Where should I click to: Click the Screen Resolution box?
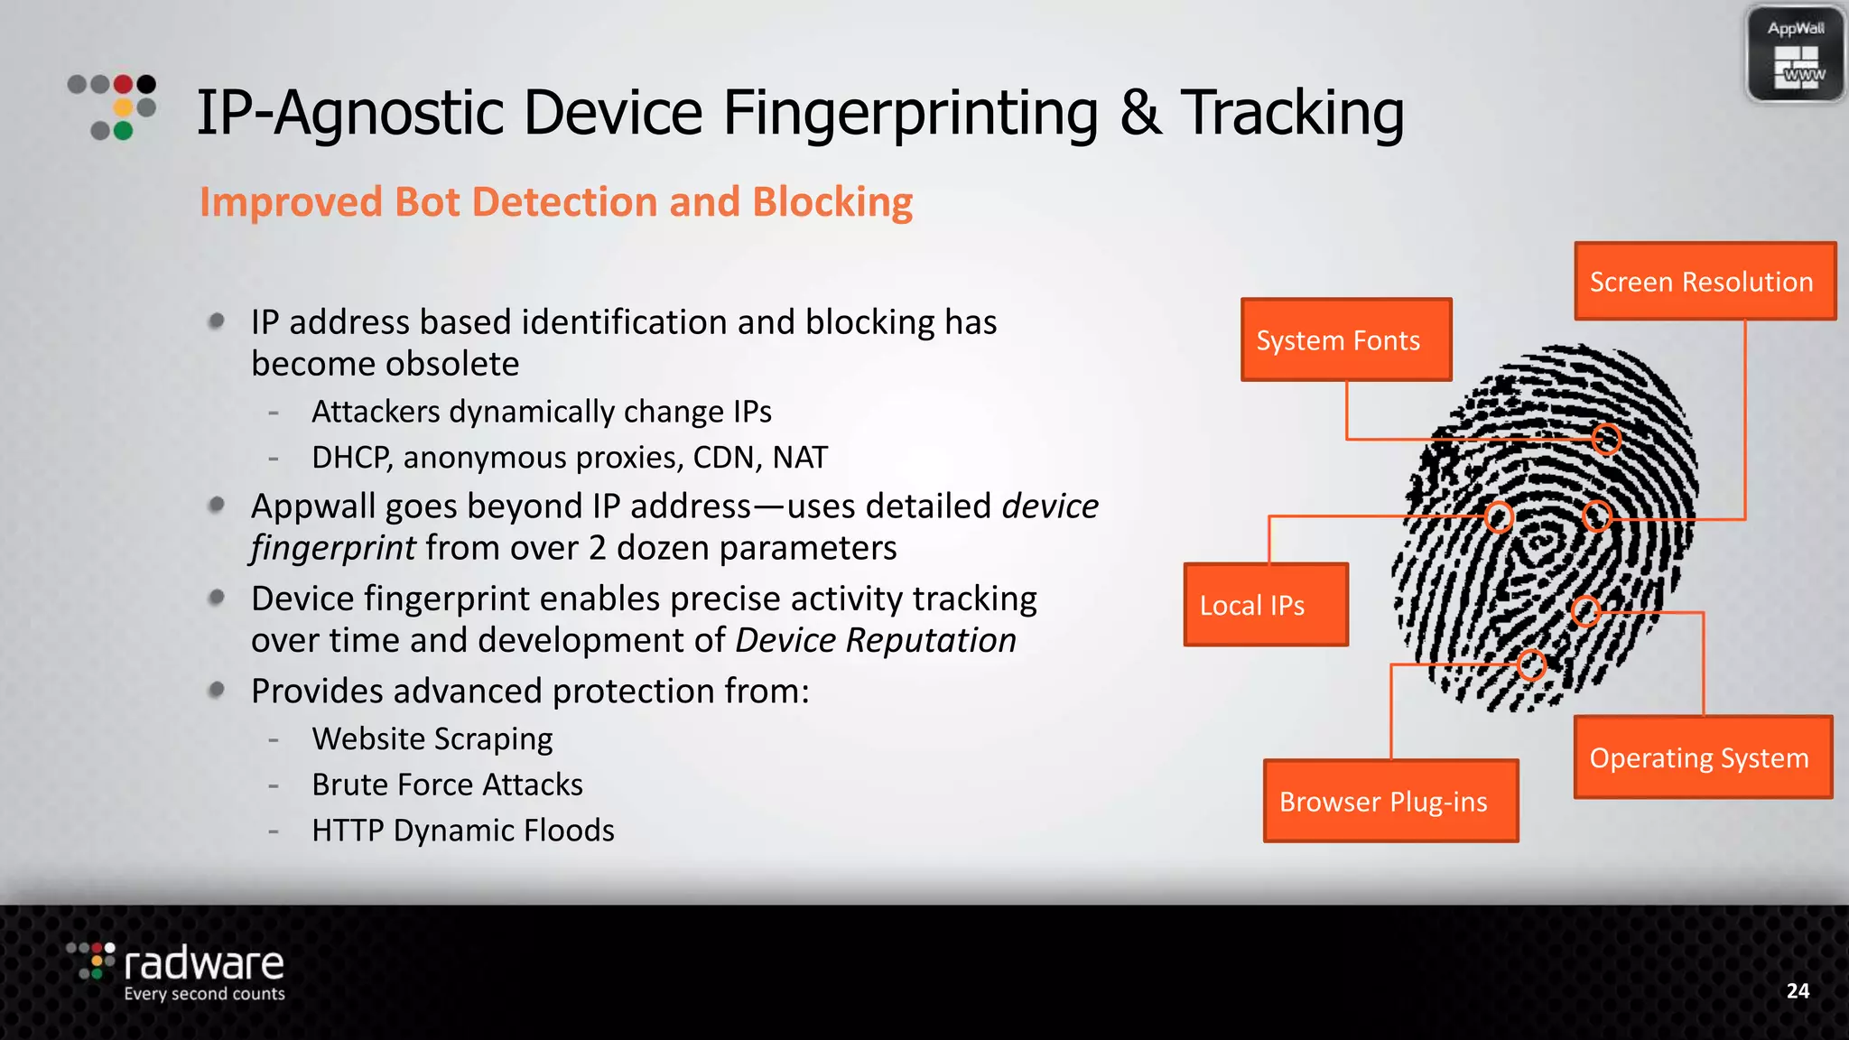(1705, 282)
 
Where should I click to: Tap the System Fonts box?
(1346, 339)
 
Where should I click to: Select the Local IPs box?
(1266, 605)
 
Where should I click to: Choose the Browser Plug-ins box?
(1390, 801)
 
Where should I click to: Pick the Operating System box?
(1703, 757)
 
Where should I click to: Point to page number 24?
(1798, 990)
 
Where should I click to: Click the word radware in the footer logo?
(204, 963)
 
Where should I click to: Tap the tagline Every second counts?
(204, 994)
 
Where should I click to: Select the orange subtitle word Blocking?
(832, 202)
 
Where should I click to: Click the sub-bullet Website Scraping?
(432, 738)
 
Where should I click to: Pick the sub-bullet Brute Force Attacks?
(447, 785)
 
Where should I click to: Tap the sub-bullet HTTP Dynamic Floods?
(462, 831)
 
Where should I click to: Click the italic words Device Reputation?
(876, 640)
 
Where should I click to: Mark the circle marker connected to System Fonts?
(1606, 440)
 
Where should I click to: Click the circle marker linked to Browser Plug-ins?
(1531, 664)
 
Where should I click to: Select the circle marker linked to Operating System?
(1585, 611)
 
